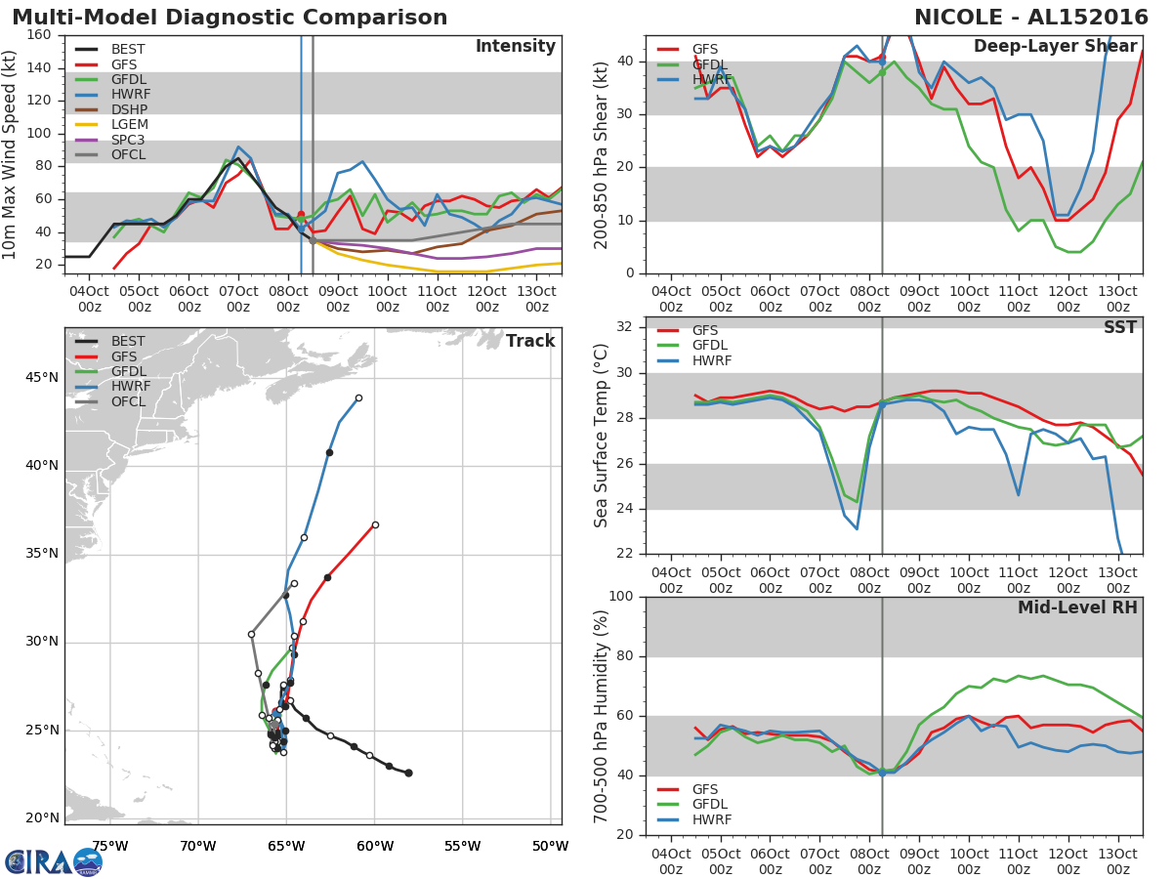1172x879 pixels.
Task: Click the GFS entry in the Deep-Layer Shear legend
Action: coord(703,48)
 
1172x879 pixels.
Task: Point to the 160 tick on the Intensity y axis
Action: coord(39,35)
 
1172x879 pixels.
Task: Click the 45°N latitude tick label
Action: coord(43,378)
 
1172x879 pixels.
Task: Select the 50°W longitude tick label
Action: coord(550,846)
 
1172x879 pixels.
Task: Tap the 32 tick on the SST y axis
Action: coord(625,327)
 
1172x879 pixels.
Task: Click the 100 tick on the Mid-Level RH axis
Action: coord(620,597)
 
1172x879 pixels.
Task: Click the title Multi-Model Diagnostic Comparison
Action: coord(230,18)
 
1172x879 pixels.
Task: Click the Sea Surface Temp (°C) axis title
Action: coord(602,436)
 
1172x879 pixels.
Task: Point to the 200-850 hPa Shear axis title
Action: coord(602,154)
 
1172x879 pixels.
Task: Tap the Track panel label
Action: coord(529,341)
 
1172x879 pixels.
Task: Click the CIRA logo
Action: coord(54,861)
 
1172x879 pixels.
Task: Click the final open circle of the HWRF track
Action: coord(358,398)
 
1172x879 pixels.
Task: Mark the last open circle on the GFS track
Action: coord(375,524)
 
